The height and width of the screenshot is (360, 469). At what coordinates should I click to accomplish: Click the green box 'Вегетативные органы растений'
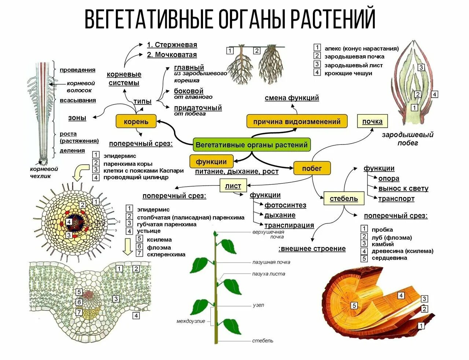pyautogui.click(x=251, y=145)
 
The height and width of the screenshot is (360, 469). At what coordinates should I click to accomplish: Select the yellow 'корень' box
pyautogui.click(x=136, y=121)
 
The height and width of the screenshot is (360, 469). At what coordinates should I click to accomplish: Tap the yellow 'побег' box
pyautogui.click(x=312, y=168)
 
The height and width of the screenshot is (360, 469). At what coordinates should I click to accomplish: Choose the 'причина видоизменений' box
pyautogui.click(x=297, y=121)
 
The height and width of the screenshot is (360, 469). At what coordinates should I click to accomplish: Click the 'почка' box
pyautogui.click(x=372, y=121)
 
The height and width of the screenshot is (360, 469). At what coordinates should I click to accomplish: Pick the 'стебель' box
pyautogui.click(x=344, y=198)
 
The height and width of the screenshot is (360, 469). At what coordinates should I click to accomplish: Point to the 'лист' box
pyautogui.click(x=233, y=186)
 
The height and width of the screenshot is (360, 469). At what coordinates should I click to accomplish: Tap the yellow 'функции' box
pyautogui.click(x=211, y=162)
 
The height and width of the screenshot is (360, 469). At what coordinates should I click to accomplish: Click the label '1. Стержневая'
pyautogui.click(x=172, y=45)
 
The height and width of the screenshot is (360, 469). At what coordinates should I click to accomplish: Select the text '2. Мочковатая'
pyautogui.click(x=172, y=55)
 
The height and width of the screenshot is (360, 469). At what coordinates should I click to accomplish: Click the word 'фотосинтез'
pyautogui.click(x=285, y=205)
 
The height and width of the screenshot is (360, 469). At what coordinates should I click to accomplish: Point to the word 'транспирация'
pyautogui.click(x=289, y=225)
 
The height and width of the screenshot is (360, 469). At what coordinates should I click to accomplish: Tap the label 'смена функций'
pyautogui.click(x=292, y=98)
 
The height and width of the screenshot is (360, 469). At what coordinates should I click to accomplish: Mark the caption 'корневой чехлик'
pyautogui.click(x=44, y=172)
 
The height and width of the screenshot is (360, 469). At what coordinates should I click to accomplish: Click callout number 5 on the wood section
pyautogui.click(x=354, y=305)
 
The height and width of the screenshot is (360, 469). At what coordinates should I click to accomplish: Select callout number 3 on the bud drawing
pyautogui.click(x=421, y=67)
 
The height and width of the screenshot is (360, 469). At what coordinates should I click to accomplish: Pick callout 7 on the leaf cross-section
pyautogui.click(x=79, y=312)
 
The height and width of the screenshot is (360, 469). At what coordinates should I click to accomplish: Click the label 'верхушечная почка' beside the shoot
pyautogui.click(x=268, y=234)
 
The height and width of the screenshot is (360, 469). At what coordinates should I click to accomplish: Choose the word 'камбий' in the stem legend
pyautogui.click(x=383, y=244)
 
